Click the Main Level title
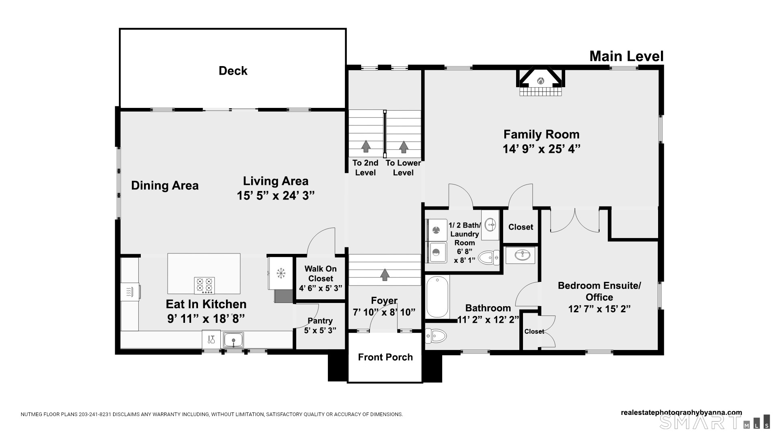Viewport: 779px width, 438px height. tap(626, 56)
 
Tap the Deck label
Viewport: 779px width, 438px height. tap(233, 71)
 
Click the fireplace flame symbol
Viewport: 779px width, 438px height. tap(540, 81)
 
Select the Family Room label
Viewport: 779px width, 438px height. tap(541, 134)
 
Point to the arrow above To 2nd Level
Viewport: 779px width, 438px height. tap(366, 146)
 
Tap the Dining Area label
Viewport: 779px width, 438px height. tap(165, 186)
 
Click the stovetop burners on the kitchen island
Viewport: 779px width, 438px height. tap(204, 285)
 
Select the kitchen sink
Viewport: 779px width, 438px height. tap(233, 339)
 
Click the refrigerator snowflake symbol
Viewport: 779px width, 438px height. tap(280, 273)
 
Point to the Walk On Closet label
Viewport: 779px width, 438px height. tap(321, 274)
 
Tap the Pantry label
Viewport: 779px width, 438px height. tap(320, 321)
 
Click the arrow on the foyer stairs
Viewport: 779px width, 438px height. tap(385, 275)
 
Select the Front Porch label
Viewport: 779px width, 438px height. tap(385, 357)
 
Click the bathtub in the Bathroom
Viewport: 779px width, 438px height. tap(437, 296)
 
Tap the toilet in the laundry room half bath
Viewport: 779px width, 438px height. tap(489, 257)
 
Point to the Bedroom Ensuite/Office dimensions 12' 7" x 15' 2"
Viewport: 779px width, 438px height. tap(599, 309)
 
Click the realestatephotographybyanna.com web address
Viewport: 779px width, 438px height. tap(681, 412)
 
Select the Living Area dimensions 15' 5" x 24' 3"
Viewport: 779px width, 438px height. tap(276, 196)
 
